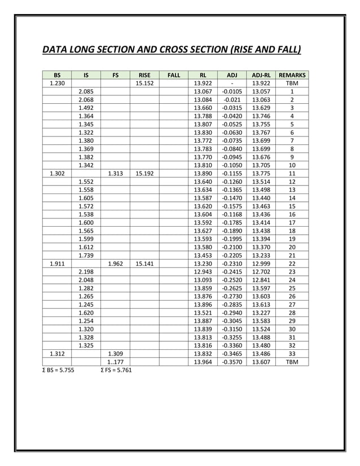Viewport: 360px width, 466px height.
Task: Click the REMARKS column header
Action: pyautogui.click(x=292, y=74)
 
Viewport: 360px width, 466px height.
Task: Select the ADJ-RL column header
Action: pyautogui.click(x=261, y=74)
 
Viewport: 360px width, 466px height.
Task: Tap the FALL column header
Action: pyautogui.click(x=174, y=74)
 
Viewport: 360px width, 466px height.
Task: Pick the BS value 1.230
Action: pyautogui.click(x=57, y=83)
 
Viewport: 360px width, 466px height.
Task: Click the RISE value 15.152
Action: pyautogui.click(x=144, y=83)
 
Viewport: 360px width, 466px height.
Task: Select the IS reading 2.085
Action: pyautogui.click(x=86, y=91)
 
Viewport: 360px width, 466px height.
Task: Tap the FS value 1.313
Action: pyautogui.click(x=115, y=174)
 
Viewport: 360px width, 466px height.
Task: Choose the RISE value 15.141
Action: pyautogui.click(x=144, y=263)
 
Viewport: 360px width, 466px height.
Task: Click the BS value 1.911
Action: pyautogui.click(x=57, y=263)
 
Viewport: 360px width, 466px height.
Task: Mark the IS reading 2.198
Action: pyautogui.click(x=86, y=271)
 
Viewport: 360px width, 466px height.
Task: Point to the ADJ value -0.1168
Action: pyautogui.click(x=232, y=214)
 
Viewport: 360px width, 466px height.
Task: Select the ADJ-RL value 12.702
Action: pyautogui.click(x=261, y=271)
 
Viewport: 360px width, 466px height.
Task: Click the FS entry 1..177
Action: pyautogui.click(x=115, y=362)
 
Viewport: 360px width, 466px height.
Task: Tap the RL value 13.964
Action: pyautogui.click(x=203, y=362)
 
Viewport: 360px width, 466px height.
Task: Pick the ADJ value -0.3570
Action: pyautogui.click(x=232, y=362)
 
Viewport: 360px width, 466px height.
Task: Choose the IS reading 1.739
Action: pyautogui.click(x=86, y=255)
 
